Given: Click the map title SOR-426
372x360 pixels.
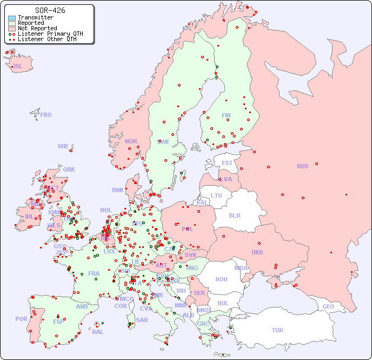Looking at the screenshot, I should point(50,10).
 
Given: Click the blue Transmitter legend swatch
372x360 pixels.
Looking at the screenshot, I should point(12,18).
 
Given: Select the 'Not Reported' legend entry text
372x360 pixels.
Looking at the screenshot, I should point(37,29).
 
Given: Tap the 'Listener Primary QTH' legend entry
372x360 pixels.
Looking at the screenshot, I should point(50,34).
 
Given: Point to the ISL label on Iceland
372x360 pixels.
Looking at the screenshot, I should point(18,67).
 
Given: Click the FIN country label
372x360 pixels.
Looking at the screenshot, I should point(226,115).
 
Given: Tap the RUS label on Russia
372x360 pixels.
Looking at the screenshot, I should point(302,166).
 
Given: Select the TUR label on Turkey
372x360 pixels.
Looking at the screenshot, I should point(277,330).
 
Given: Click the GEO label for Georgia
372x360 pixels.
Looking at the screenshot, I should point(328,306).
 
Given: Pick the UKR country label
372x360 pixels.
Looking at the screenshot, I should point(257,252).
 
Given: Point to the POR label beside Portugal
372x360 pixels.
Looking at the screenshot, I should point(21,319).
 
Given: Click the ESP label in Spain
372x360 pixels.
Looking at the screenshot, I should point(58,321).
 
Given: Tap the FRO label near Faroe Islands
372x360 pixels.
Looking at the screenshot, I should point(46,115).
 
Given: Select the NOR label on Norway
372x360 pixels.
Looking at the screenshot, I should point(131,141).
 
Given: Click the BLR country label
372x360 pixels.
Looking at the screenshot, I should point(234,215).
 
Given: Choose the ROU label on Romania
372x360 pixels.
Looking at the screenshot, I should point(221,279).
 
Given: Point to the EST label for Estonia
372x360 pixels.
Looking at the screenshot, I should point(227,163).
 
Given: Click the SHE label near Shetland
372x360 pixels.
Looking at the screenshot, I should point(63,146).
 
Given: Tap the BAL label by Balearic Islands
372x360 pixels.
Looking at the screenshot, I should point(97,332).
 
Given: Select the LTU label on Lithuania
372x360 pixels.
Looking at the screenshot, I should point(216,195).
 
